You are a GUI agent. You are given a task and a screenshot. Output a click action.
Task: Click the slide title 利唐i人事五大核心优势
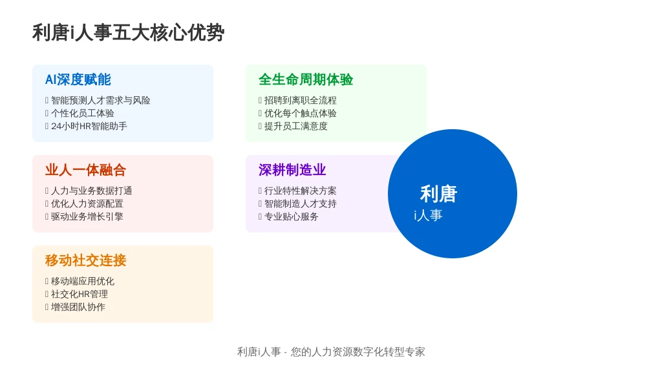click(x=129, y=33)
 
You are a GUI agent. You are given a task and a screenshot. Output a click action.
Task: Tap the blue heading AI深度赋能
click(x=78, y=79)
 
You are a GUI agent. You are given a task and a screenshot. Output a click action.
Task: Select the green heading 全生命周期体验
click(x=306, y=79)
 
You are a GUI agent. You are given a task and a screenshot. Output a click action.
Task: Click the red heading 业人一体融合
click(x=86, y=170)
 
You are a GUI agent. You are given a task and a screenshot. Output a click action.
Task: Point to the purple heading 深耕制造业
click(x=292, y=170)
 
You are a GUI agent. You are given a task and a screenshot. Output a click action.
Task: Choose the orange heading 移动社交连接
click(x=86, y=260)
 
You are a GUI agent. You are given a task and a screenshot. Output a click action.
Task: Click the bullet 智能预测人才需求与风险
click(x=100, y=100)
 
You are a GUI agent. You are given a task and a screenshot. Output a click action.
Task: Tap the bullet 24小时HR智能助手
click(x=89, y=126)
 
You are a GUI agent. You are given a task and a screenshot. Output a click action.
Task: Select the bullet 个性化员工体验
click(x=83, y=113)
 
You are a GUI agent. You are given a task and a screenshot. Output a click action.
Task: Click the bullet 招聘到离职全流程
click(x=300, y=100)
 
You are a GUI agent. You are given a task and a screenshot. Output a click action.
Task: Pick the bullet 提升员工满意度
click(x=295, y=126)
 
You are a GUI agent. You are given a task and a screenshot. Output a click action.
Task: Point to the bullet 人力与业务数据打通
click(x=92, y=191)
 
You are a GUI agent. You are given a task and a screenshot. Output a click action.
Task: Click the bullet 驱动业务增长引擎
click(x=87, y=216)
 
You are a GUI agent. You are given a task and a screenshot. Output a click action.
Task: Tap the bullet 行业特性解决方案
click(x=300, y=191)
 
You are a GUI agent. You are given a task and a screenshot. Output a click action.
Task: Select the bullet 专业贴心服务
click(x=292, y=216)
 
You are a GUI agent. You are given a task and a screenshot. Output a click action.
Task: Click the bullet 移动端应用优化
click(x=83, y=282)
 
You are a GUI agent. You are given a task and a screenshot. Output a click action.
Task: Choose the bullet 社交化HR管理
click(x=80, y=294)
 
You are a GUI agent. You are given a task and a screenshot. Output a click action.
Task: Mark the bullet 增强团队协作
click(x=78, y=307)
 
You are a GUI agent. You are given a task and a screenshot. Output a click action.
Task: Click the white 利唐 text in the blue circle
click(x=439, y=194)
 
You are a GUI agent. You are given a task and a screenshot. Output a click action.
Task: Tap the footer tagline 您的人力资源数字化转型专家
click(x=358, y=352)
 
